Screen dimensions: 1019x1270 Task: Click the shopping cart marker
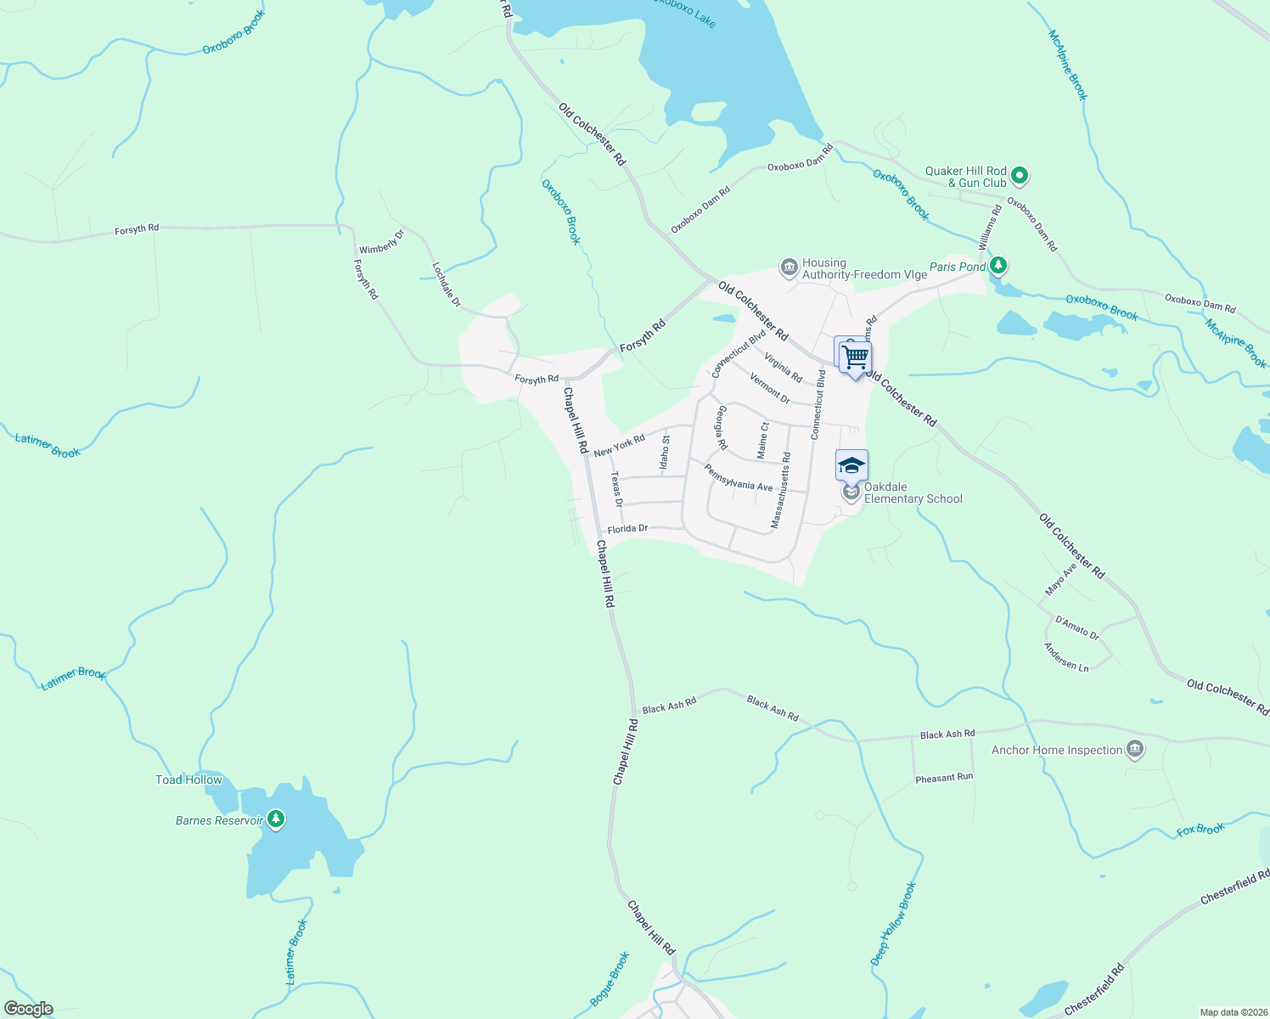(x=856, y=357)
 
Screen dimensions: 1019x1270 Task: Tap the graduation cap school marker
(x=851, y=466)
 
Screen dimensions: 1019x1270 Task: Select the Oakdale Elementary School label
(x=913, y=493)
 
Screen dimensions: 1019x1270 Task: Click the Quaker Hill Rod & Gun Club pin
(x=1020, y=177)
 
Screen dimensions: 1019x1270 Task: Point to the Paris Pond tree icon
(x=999, y=267)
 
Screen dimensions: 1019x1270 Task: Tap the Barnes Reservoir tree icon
(x=275, y=819)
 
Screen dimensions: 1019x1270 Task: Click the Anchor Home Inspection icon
(x=1135, y=749)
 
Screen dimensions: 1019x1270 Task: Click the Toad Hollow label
(x=188, y=780)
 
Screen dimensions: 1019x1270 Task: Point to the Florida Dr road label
(x=627, y=529)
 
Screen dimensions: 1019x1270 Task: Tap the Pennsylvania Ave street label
(x=738, y=477)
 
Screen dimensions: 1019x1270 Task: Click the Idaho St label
(x=665, y=453)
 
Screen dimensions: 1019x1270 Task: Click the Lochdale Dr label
(x=447, y=284)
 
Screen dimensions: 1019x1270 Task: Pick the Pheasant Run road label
(x=944, y=778)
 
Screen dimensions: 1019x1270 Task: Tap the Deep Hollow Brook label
(x=894, y=924)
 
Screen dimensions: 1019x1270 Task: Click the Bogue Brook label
(x=610, y=979)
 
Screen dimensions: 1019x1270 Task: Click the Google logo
(x=29, y=1009)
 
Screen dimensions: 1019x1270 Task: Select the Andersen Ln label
(x=1066, y=657)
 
